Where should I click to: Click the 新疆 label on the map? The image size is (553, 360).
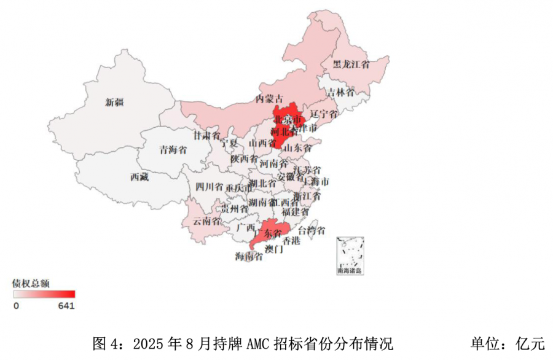coord(115,103)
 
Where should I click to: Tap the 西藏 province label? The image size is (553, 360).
coord(139,178)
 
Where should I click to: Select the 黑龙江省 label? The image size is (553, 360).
coord(351,64)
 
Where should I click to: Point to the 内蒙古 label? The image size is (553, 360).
coord(270,99)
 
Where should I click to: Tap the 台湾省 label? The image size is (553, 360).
coord(312,231)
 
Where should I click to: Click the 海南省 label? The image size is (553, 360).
coord(249,256)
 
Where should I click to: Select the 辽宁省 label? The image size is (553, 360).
coord(324,114)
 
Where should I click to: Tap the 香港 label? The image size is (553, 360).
coord(291,241)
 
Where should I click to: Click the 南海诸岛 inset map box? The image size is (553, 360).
coord(350,254)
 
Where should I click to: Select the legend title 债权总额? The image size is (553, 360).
coord(31,283)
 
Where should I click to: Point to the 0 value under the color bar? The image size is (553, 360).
coord(16,305)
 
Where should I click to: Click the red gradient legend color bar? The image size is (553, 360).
coord(43,294)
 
